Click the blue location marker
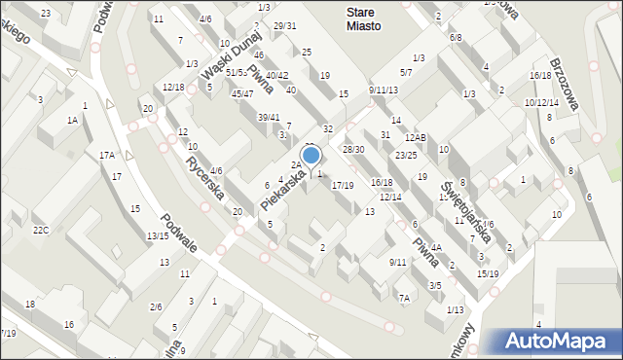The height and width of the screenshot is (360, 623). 311,155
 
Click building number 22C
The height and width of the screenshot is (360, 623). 40,230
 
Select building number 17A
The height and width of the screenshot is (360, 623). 106,156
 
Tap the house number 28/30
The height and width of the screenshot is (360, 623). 353,149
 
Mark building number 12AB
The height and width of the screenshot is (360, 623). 417,137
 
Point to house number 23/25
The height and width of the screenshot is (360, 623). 406,155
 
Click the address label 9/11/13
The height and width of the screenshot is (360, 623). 384,90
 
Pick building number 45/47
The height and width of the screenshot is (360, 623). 242,93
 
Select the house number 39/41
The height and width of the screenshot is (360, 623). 269,117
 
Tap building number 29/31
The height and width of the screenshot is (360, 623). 285,25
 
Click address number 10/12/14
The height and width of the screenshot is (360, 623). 541,102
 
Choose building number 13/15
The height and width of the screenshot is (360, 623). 157,236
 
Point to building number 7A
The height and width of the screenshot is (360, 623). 404,298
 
